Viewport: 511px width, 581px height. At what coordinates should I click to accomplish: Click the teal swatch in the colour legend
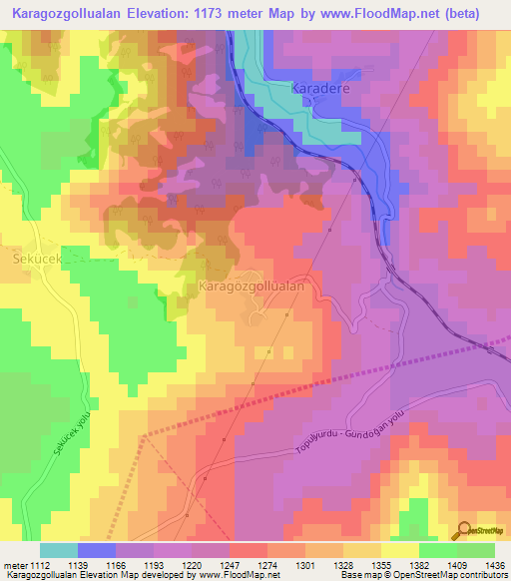[x=59, y=550]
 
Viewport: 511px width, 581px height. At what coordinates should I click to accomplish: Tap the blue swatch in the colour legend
[x=97, y=550]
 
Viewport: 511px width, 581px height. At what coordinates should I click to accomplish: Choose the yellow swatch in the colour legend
[x=399, y=550]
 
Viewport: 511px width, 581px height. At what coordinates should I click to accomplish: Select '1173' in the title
[x=224, y=14]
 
